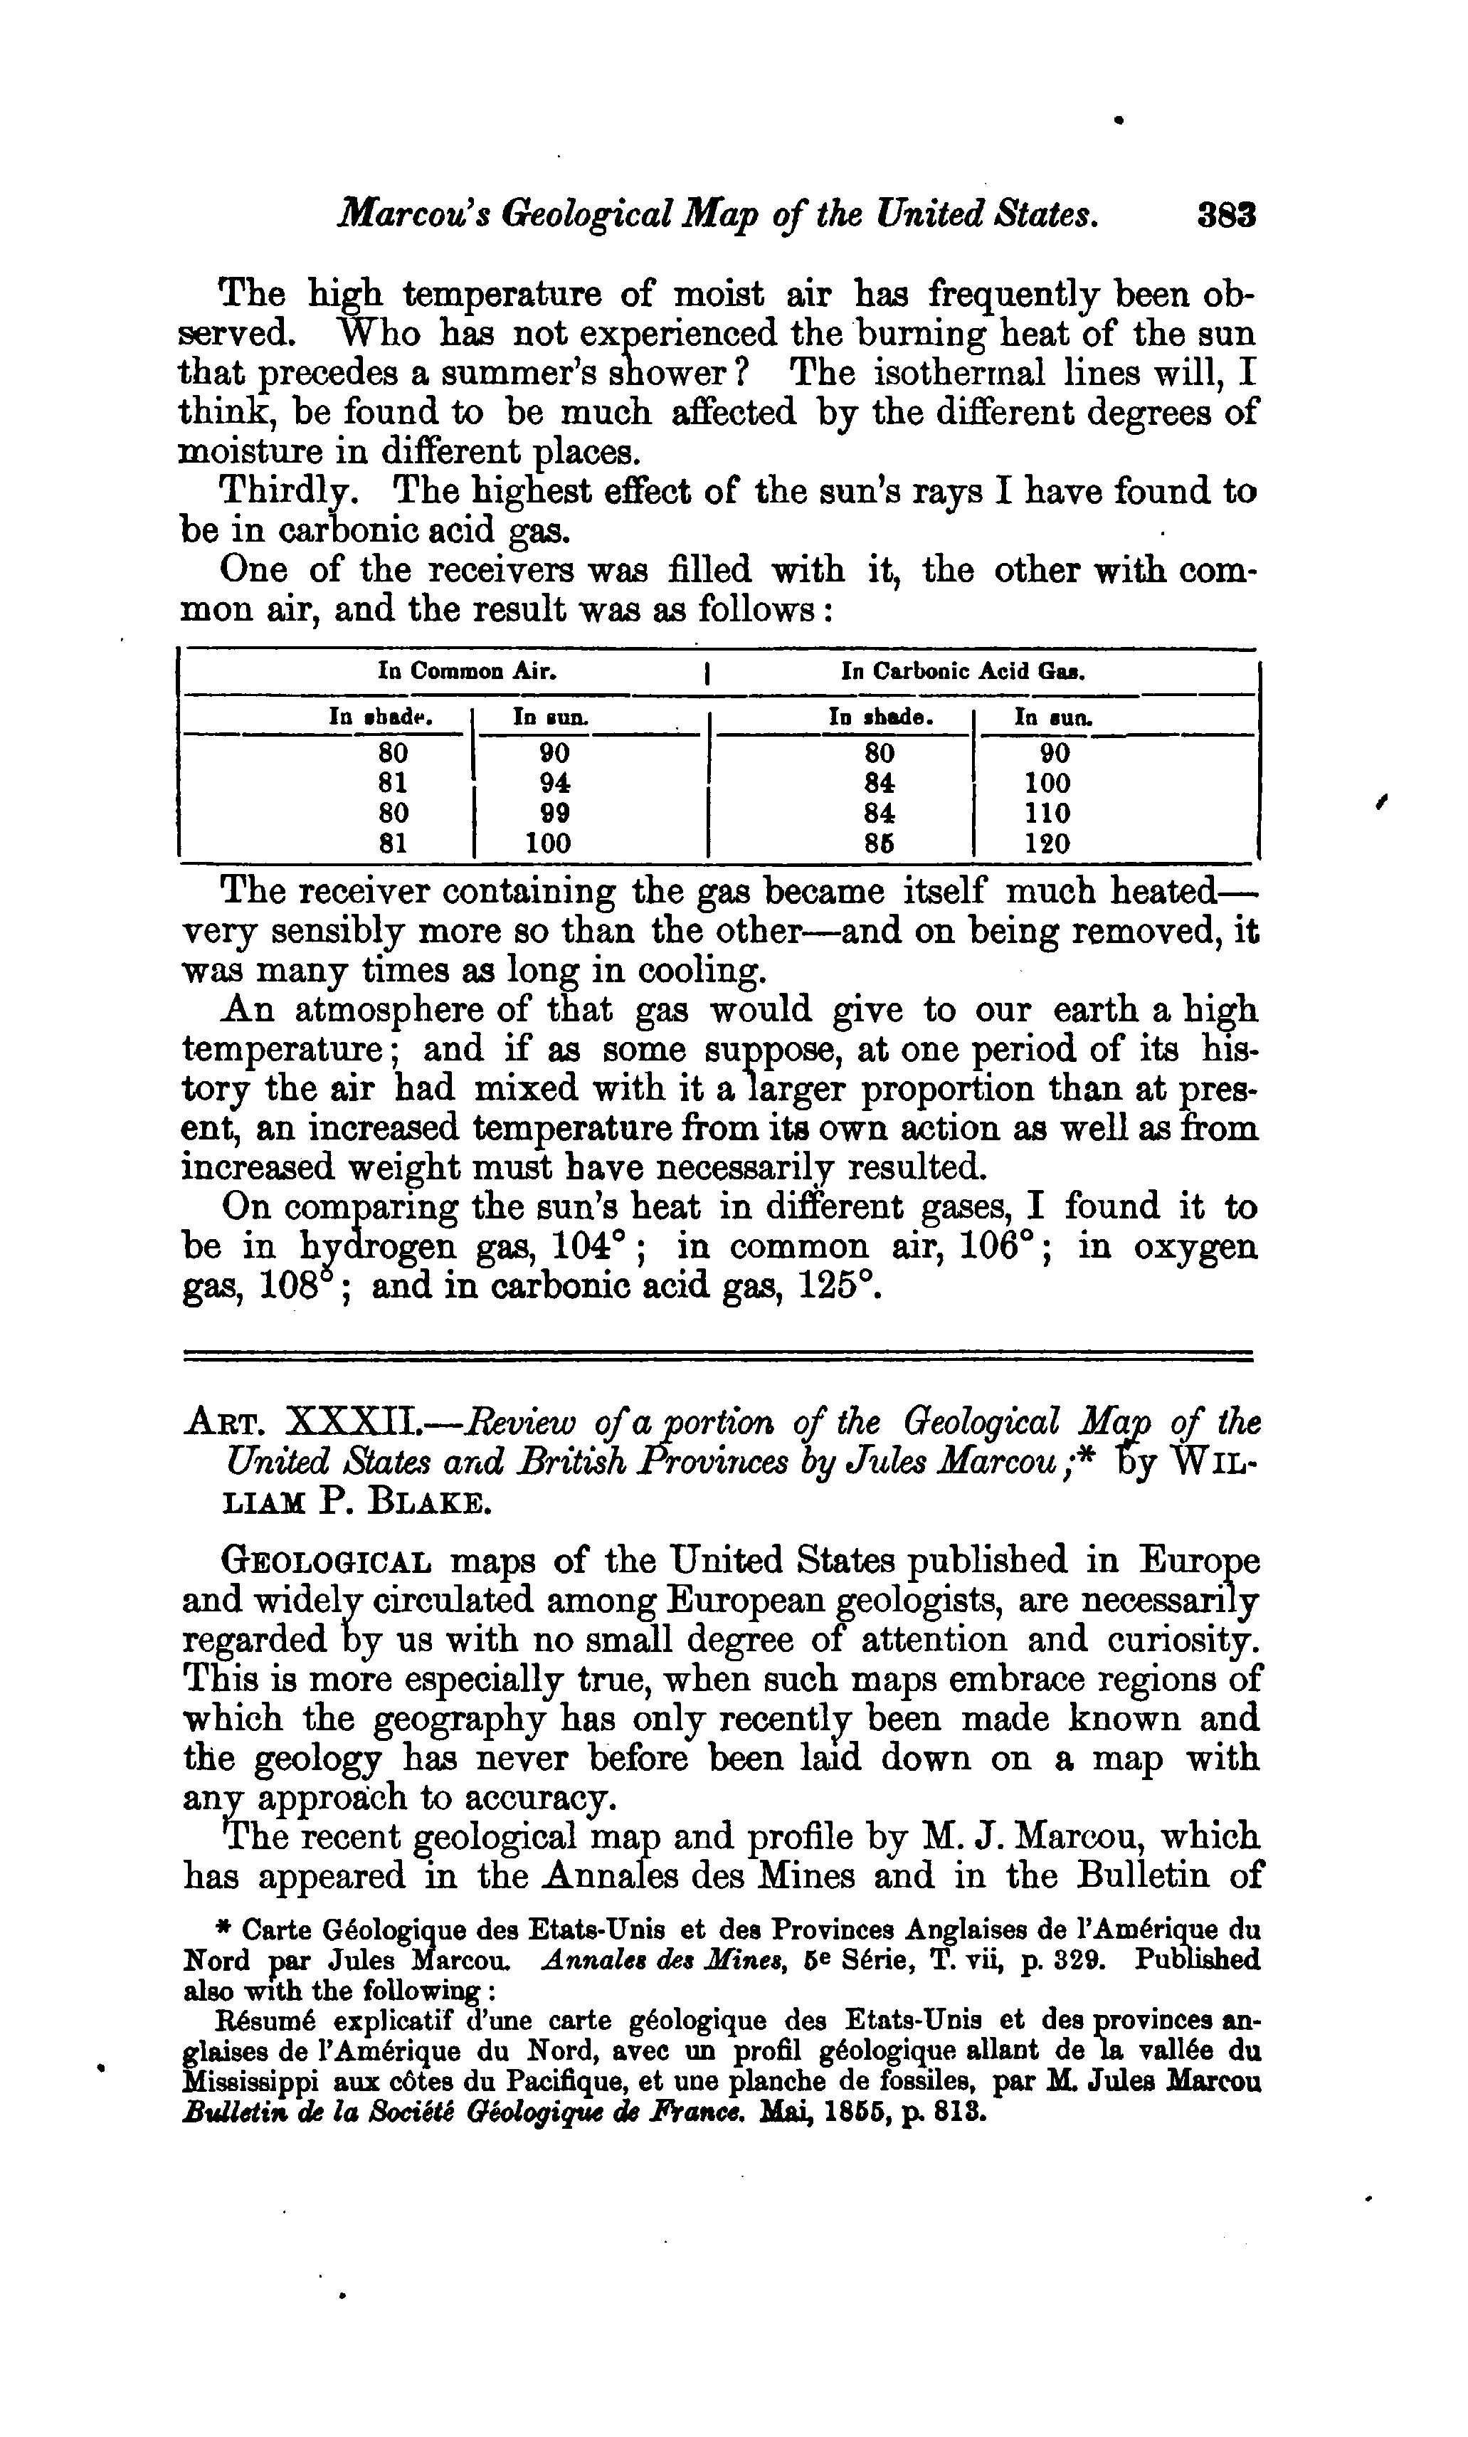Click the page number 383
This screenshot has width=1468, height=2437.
(1226, 216)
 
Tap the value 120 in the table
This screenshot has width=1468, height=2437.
(1047, 843)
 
